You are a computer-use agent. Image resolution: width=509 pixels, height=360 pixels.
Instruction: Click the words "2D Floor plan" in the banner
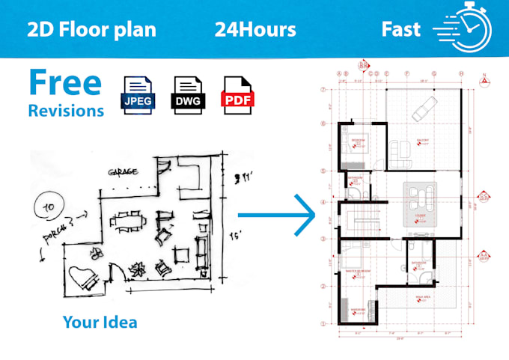click(x=91, y=30)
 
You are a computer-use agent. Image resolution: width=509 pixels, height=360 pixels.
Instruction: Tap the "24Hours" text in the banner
click(x=254, y=30)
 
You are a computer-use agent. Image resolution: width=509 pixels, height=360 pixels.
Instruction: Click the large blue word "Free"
click(x=64, y=82)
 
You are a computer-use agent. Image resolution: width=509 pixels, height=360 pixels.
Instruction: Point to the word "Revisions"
click(x=66, y=111)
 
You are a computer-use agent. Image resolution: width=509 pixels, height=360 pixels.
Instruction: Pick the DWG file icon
click(x=186, y=94)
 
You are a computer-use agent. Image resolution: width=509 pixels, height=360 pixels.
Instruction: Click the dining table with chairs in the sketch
click(x=124, y=222)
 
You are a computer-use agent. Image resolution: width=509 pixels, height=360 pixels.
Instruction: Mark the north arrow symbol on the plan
click(x=484, y=78)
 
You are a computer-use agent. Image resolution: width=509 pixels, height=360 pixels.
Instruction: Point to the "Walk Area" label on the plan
click(x=423, y=297)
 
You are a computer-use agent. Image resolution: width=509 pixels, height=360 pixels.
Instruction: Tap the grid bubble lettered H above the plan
click(x=462, y=73)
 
